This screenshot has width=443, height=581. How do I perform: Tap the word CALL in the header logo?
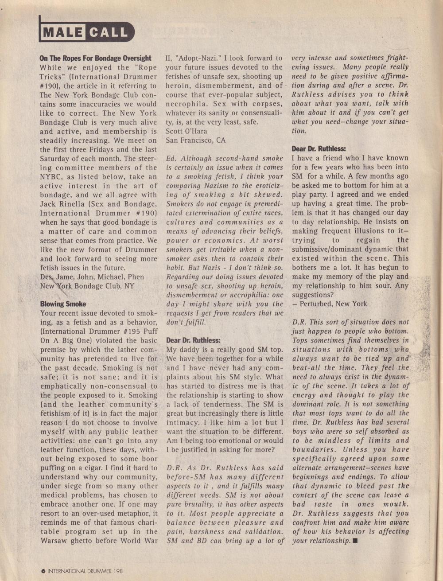(108, 32)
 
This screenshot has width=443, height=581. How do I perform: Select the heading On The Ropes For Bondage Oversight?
(95, 58)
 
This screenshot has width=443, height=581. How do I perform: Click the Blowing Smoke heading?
(63, 304)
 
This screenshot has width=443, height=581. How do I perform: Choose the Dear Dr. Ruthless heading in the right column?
(319, 149)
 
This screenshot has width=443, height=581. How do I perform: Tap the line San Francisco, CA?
(195, 140)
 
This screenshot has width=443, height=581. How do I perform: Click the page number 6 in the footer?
(43, 571)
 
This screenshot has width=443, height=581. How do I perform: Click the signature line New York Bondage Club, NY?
(87, 286)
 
